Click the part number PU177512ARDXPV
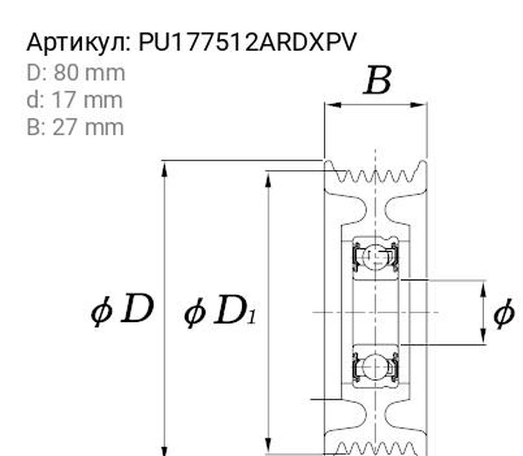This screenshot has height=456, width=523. (247, 42)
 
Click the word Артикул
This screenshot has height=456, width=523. (78, 42)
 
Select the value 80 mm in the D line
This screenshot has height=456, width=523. (89, 73)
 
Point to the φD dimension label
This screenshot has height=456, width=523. (123, 310)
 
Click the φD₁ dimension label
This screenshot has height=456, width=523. (220, 312)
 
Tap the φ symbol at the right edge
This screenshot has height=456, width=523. (504, 314)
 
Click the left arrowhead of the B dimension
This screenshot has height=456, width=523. (332, 104)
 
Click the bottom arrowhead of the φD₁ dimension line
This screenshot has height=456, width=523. (269, 447)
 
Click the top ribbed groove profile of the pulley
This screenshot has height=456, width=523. (376, 174)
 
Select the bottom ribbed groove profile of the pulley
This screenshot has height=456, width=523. (376, 448)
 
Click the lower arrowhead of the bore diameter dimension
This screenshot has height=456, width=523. (483, 337)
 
